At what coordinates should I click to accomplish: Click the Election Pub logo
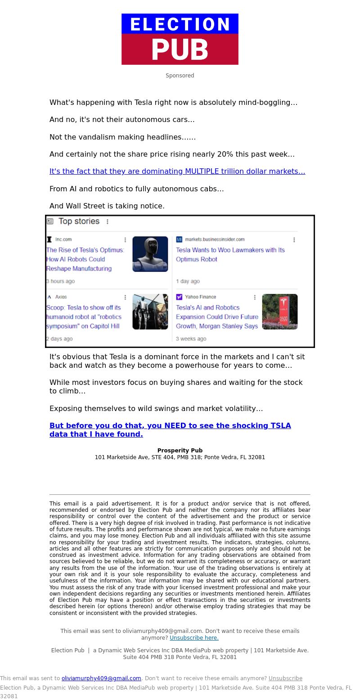pos(180,39)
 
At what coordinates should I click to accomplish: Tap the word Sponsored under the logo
pos(180,76)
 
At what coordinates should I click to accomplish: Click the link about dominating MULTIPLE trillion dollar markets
pos(177,172)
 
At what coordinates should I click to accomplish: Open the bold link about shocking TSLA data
pos(170,430)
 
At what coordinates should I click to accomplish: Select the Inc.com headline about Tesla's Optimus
pos(85,259)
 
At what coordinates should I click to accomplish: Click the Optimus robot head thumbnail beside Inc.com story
pos(150,254)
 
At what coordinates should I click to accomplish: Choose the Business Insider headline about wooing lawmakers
pos(230,254)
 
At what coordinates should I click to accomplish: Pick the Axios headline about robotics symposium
pos(84,317)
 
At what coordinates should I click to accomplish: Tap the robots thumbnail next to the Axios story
pos(150,312)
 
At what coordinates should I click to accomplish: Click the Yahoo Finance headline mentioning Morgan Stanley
pos(217,317)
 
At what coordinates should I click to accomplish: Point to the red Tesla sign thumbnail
pos(280,312)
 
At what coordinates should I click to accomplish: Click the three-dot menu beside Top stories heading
pos(108,221)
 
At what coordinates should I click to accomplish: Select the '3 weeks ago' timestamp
pos(191,339)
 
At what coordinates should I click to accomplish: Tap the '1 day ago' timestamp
pos(188,281)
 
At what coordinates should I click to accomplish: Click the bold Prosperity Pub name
pos(180,451)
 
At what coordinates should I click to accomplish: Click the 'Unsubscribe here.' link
pos(194,638)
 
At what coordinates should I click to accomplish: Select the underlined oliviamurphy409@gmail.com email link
pos(101,678)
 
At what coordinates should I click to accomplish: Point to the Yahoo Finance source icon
pos(179,297)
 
